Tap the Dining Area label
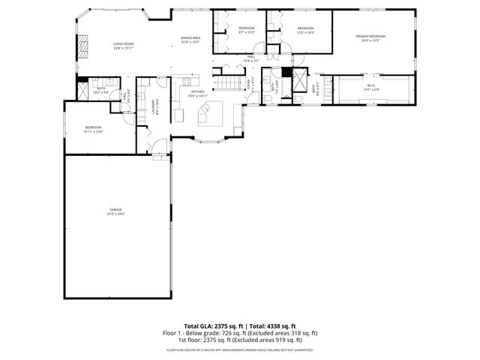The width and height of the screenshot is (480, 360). (x=190, y=37)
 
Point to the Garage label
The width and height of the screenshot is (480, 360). (x=115, y=209)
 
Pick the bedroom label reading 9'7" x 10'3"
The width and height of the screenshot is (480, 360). (x=247, y=32)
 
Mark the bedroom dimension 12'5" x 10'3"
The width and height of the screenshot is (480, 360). (x=305, y=32)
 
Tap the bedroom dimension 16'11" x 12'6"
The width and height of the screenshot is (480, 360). (x=93, y=131)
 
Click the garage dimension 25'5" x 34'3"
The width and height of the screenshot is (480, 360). (x=115, y=214)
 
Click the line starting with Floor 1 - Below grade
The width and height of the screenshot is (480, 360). (x=240, y=333)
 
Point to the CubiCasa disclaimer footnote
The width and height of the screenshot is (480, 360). (x=240, y=349)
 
